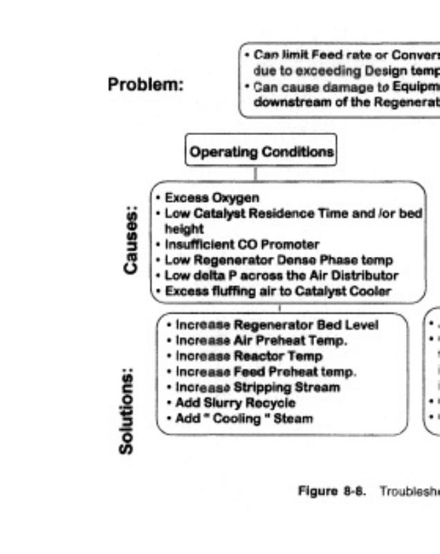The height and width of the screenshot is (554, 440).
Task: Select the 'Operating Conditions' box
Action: (x=261, y=152)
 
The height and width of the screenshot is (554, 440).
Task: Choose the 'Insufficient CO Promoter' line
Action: (x=232, y=244)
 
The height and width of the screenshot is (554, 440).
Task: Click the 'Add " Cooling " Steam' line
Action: (x=235, y=418)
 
